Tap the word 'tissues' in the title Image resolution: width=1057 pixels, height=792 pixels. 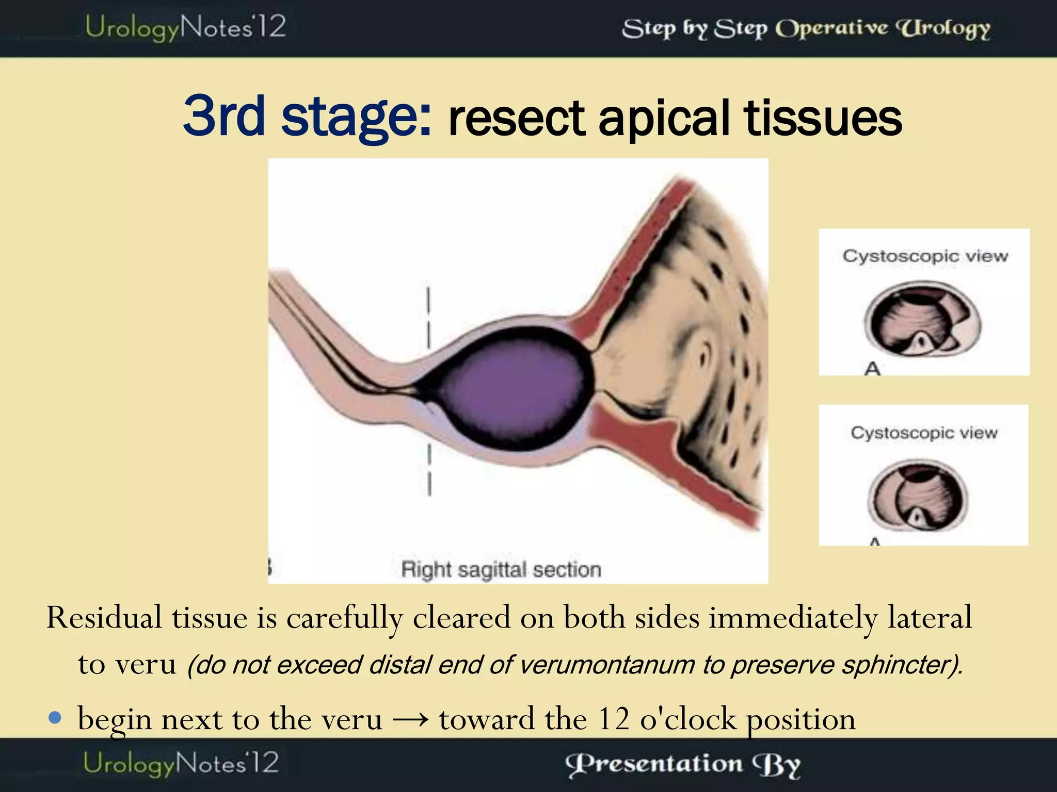(823, 119)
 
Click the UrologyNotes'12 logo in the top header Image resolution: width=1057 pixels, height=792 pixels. (185, 28)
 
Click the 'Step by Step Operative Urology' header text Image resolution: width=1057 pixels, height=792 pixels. (806, 29)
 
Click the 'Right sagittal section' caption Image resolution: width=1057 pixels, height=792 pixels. (501, 570)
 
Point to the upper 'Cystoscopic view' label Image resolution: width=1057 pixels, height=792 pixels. (925, 256)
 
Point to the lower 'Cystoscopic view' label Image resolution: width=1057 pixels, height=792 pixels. (924, 433)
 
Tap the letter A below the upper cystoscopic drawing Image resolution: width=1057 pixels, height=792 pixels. (872, 368)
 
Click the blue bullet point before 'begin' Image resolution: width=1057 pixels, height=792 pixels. (55, 717)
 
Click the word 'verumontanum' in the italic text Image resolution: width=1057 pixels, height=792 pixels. (607, 665)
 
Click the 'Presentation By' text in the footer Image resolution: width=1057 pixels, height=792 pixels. (682, 764)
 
